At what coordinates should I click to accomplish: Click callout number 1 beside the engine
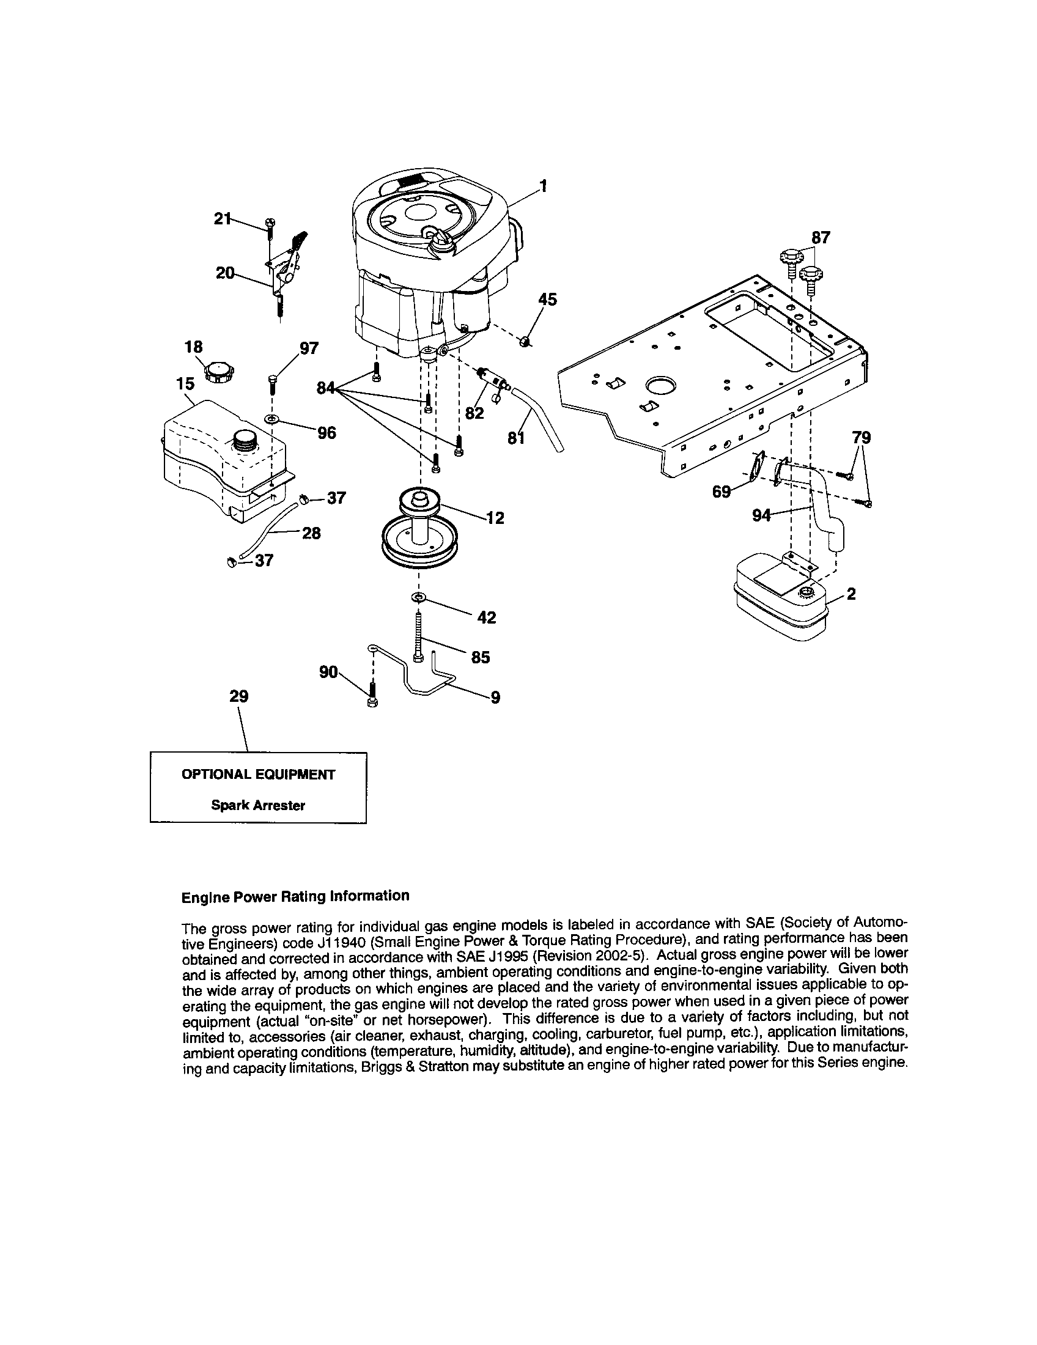pos(542,185)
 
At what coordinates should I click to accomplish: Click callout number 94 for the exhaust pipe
pos(762,515)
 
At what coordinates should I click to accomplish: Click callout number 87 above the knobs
pos(820,237)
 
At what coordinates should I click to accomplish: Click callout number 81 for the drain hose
pos(516,438)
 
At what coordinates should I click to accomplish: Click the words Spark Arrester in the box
pos(258,805)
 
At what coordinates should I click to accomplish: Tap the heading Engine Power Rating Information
pos(295,896)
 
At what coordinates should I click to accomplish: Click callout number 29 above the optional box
pos(238,696)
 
